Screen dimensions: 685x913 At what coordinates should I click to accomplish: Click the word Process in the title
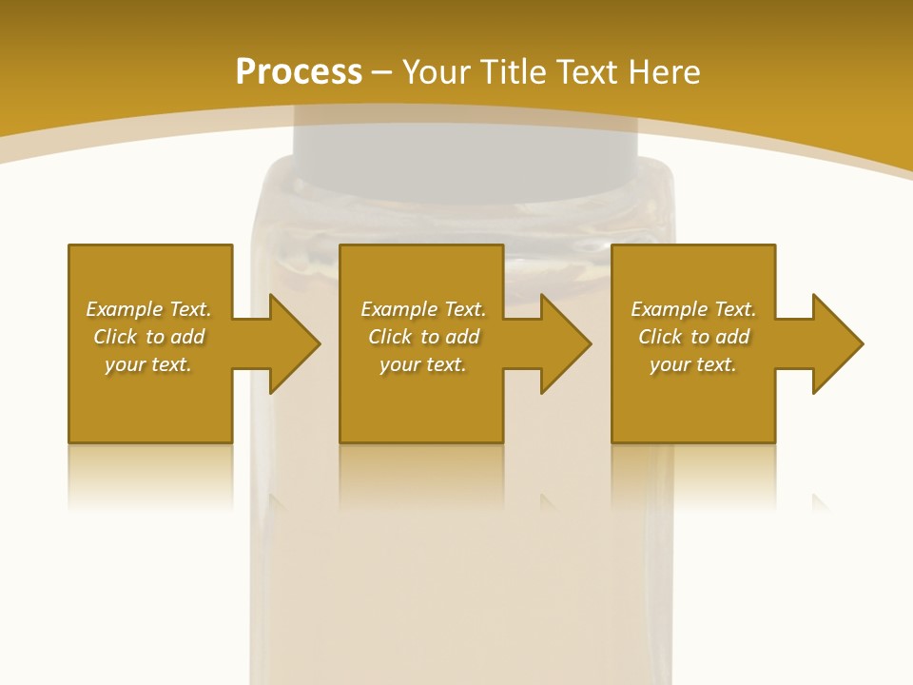pos(299,72)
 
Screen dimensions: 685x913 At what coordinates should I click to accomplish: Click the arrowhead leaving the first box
pos(291,343)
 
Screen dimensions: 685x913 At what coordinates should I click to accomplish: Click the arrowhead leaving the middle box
pos(562,343)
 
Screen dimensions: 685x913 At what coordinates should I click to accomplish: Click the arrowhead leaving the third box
pos(834,343)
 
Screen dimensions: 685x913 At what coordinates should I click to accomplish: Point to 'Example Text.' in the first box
pos(148,309)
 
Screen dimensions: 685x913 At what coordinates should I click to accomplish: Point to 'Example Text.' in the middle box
pos(423,309)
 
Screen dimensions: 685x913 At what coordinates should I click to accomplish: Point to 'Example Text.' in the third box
pos(693,309)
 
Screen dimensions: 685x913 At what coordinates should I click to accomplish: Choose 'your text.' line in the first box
pos(148,364)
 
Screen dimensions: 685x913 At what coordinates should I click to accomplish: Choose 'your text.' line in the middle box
pos(423,364)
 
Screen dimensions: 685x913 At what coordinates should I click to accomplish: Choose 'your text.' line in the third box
pos(693,364)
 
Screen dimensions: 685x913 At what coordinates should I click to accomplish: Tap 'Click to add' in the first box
pos(148,337)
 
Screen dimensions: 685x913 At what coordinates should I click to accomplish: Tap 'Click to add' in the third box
pos(693,337)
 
